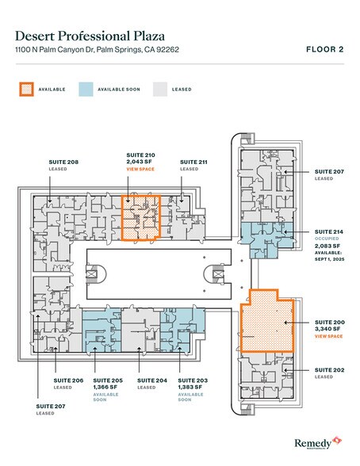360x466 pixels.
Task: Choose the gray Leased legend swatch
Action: coord(161,90)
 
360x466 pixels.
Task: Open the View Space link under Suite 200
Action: coord(329,337)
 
